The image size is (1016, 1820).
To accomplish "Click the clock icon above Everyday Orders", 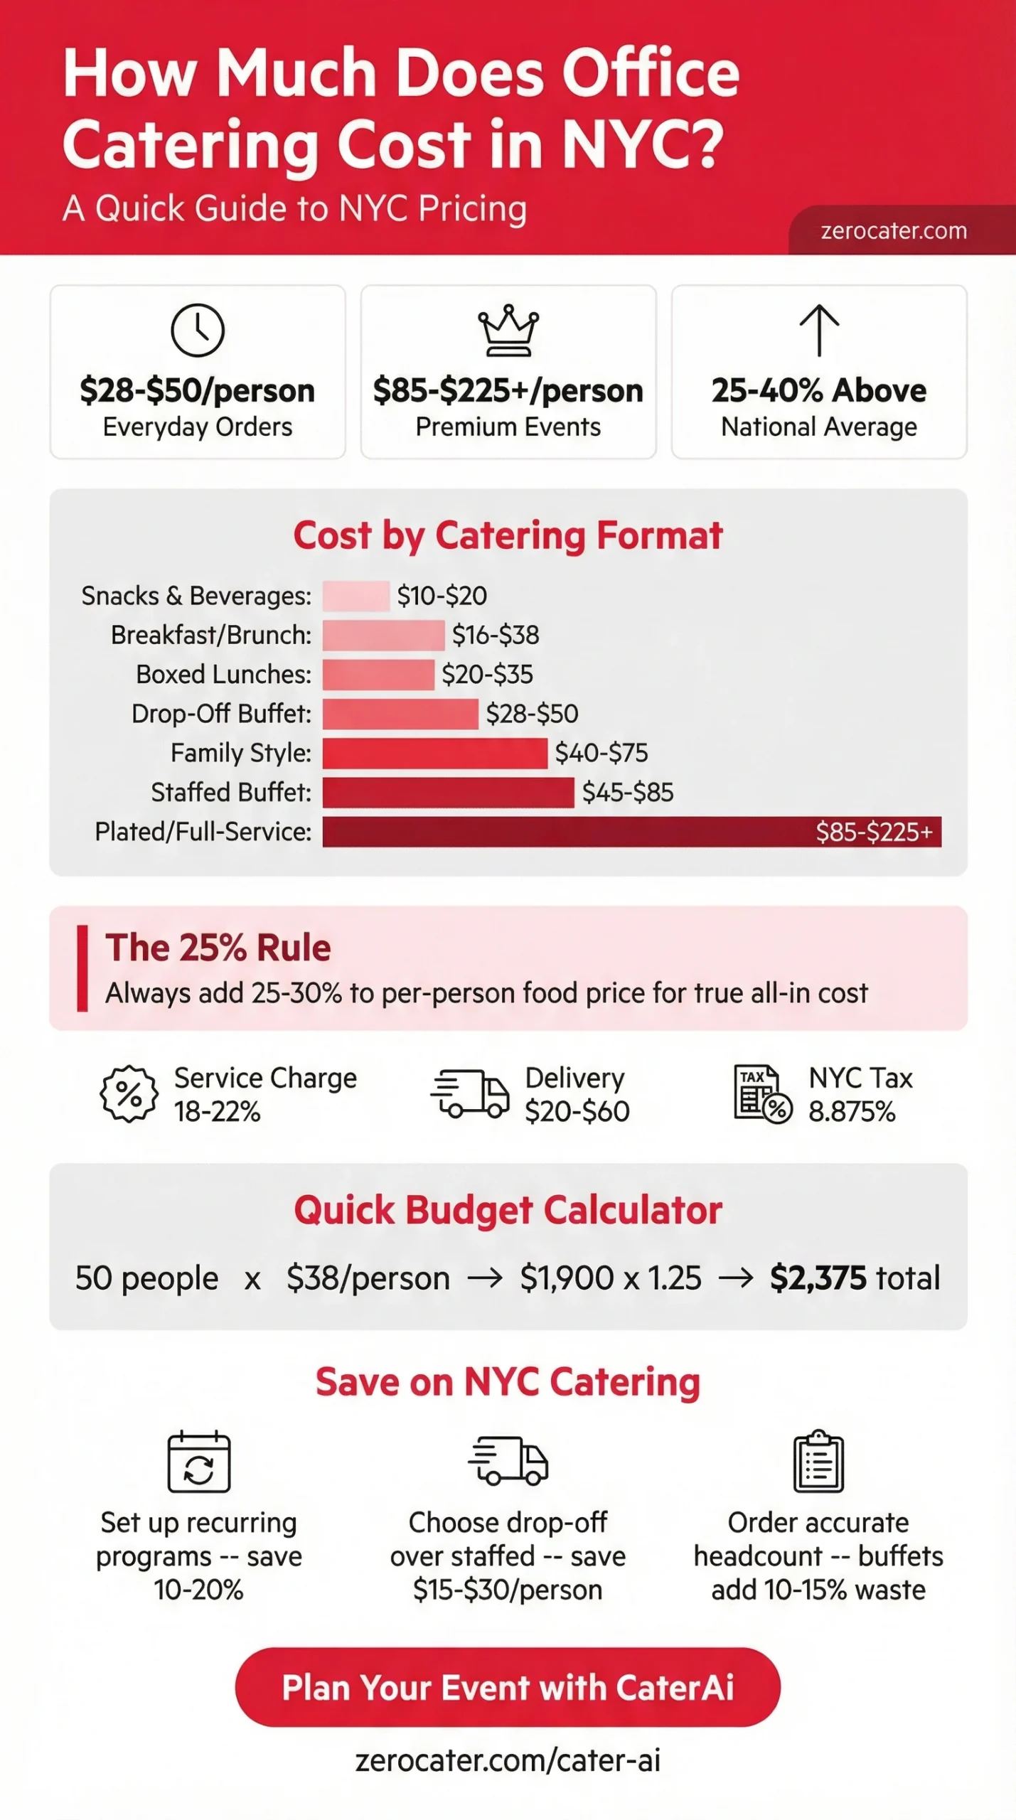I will pos(198,331).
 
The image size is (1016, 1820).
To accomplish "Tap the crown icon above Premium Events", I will pos(508,331).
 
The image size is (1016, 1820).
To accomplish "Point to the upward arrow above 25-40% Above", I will pos(819,330).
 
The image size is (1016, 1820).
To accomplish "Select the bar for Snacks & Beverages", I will pos(355,596).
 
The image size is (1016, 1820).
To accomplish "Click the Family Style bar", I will pos(434,753).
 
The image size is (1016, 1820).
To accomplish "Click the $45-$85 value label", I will pos(628,793).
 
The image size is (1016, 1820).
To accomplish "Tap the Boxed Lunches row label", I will pos(223,675).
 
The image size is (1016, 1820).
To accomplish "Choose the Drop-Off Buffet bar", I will pos(400,714).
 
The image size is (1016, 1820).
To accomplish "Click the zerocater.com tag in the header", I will pos(894,231).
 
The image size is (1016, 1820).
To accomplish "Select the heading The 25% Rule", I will pos(218,948).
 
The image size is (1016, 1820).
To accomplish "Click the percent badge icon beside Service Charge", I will pos(129,1094).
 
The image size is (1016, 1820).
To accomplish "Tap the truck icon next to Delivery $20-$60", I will pos(470,1094).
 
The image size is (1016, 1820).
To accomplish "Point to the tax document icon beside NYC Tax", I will pos(762,1094).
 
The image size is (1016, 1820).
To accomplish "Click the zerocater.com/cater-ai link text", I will pos(508,1760).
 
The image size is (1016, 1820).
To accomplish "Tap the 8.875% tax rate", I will pos(852,1112).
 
